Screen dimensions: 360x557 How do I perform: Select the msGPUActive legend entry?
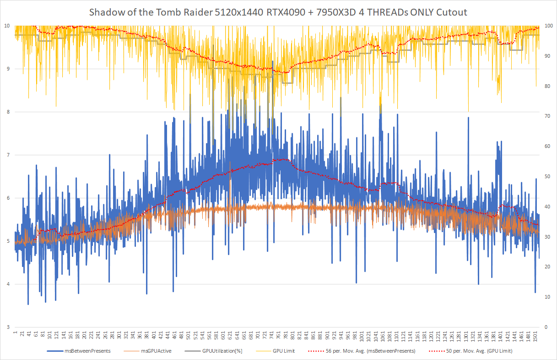pyautogui.click(x=156, y=351)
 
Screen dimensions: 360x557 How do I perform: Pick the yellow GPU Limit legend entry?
pyautogui.click(x=284, y=351)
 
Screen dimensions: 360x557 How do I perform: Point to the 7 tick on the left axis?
pyautogui.click(x=8, y=155)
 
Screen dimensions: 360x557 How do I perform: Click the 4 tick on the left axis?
pyautogui.click(x=8, y=284)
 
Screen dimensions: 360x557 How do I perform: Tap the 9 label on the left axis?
pyautogui.click(x=8, y=69)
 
